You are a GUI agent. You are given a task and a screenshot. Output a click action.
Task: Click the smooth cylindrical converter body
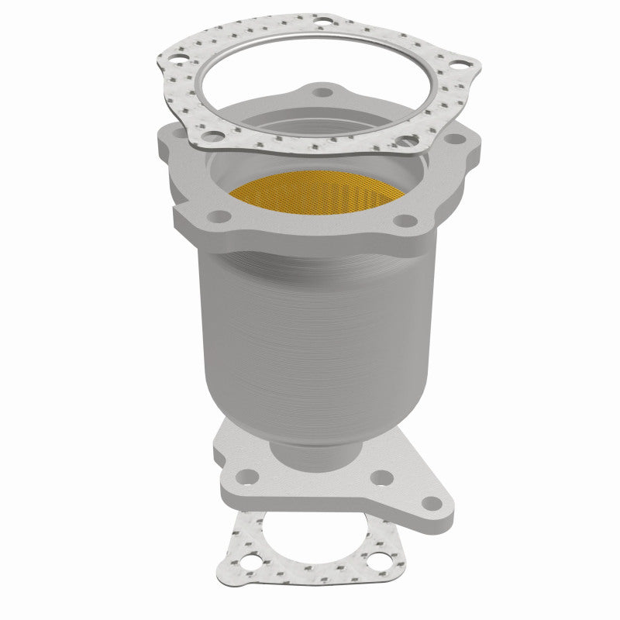[310, 325]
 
